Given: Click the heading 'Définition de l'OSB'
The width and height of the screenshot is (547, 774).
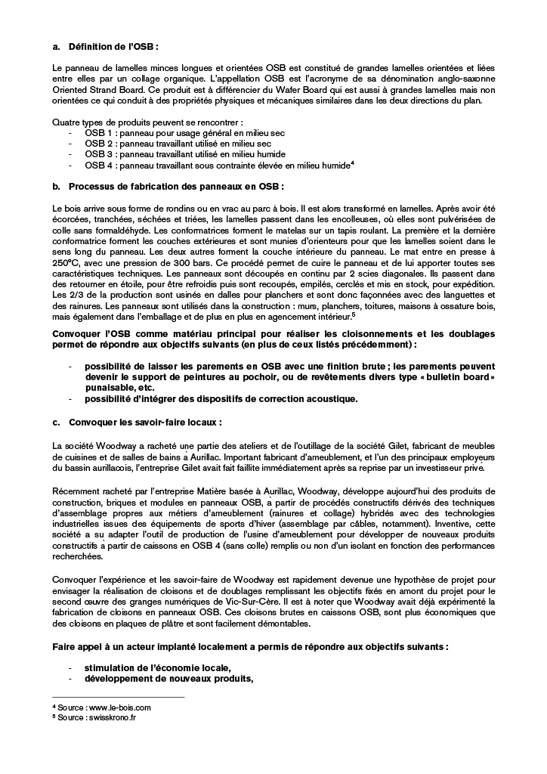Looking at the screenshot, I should pos(113,46).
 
